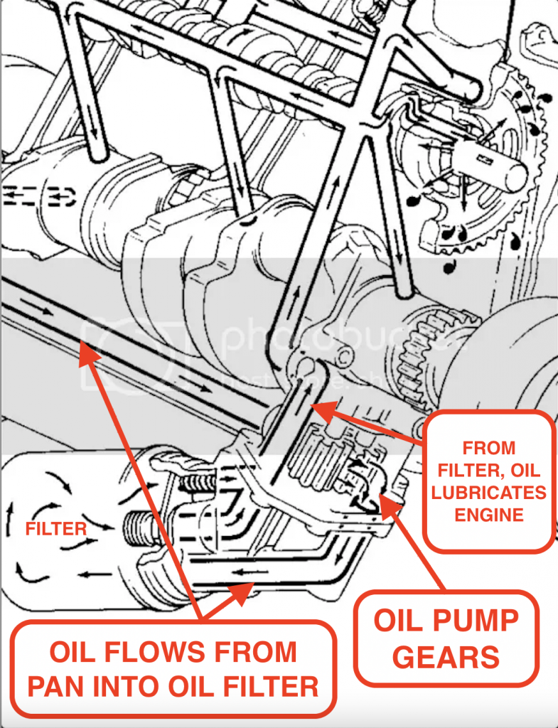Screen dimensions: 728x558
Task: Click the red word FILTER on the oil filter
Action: [56, 529]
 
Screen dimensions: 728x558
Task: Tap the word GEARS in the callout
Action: [446, 657]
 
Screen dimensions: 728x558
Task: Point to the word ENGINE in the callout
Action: [489, 515]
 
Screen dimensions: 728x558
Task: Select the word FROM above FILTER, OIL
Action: [489, 448]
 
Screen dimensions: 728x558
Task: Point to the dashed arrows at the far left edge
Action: [21, 193]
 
